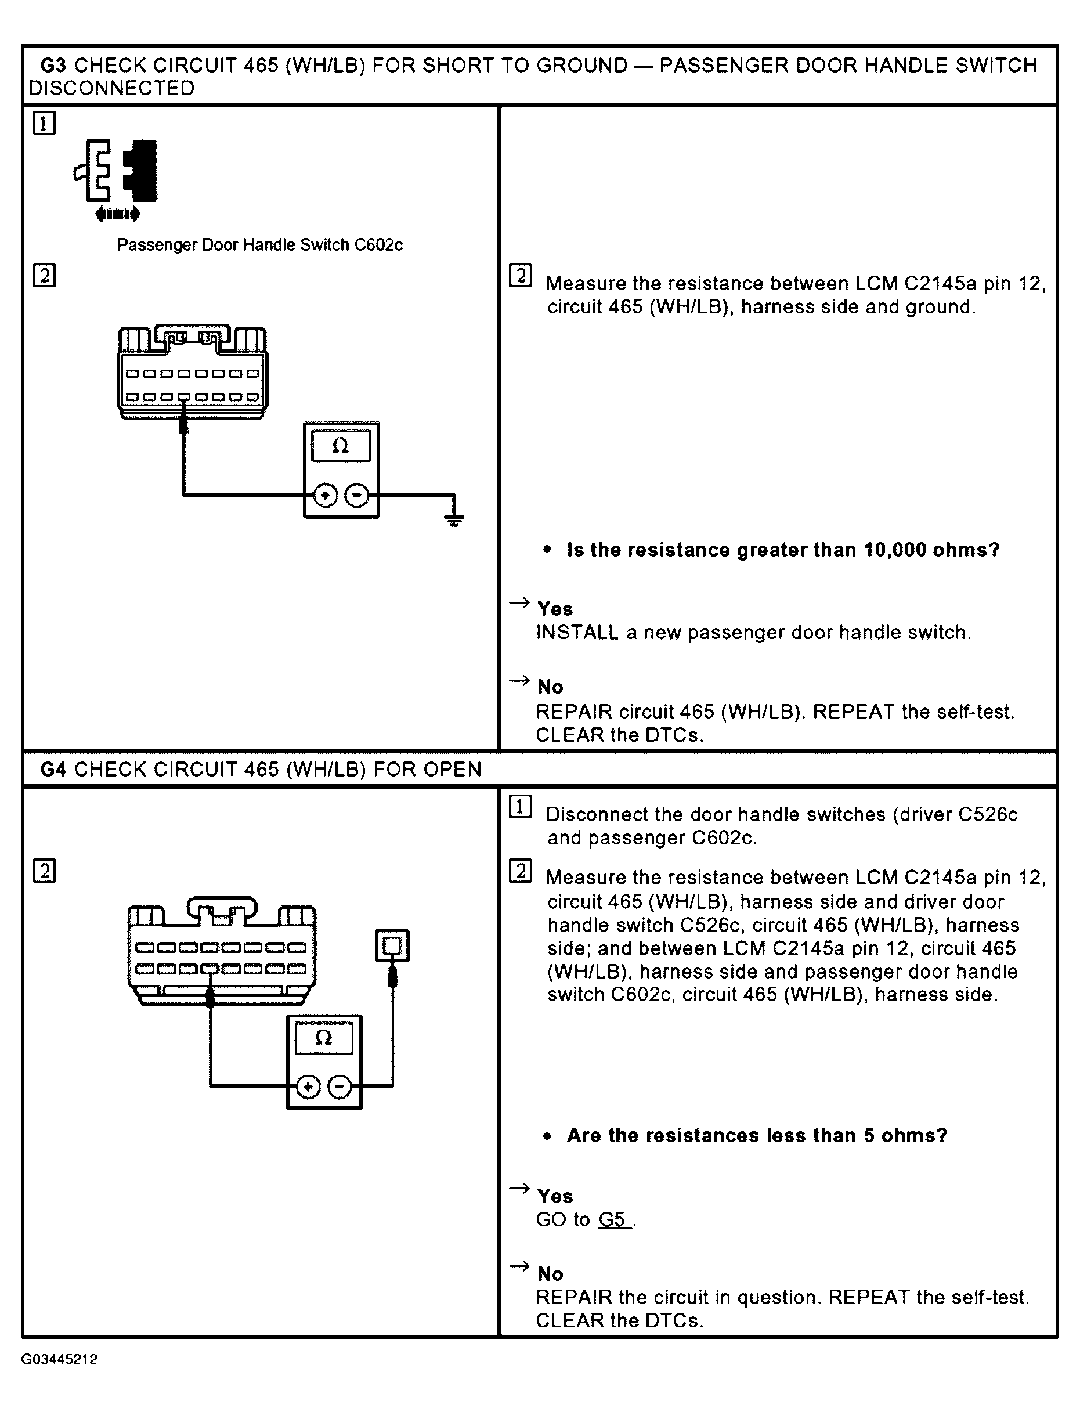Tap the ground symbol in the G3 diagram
(454, 520)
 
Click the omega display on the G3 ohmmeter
(341, 446)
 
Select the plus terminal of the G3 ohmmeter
(326, 496)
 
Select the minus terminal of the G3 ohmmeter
(357, 496)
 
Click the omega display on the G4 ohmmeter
(324, 1038)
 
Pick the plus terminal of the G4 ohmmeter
(309, 1087)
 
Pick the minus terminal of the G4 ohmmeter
(340, 1087)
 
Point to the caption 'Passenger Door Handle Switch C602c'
(260, 245)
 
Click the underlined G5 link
(612, 1219)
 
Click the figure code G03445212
(59, 1359)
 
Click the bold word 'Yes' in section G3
(555, 609)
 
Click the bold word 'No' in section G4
(550, 1273)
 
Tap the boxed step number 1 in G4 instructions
(520, 807)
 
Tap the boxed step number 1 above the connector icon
(44, 123)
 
